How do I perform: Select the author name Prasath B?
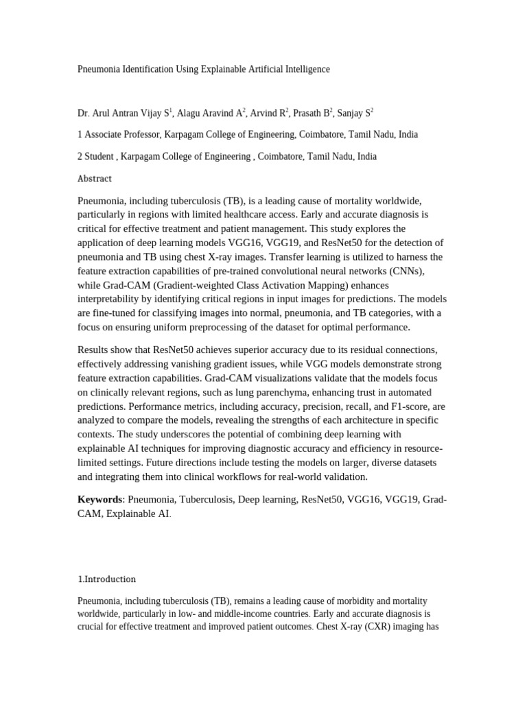[316, 113]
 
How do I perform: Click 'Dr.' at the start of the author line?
[84, 113]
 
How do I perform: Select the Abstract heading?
[95, 178]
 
